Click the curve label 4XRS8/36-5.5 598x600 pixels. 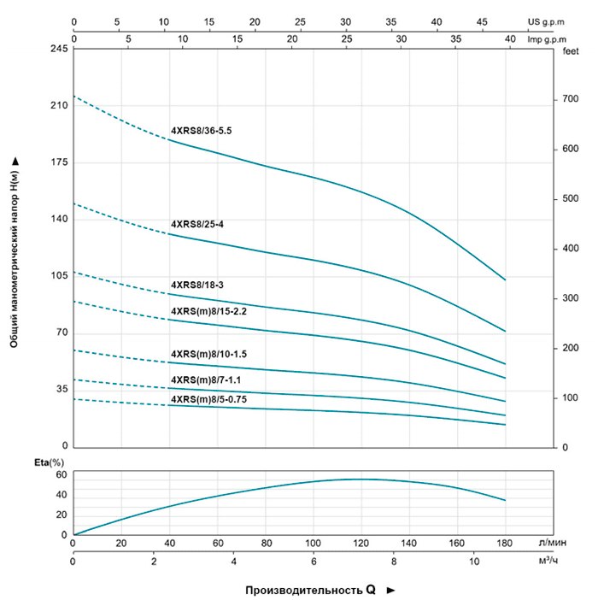pyautogui.click(x=202, y=130)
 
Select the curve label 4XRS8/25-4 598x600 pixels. pyautogui.click(x=196, y=224)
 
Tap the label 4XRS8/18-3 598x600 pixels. pyautogui.click(x=196, y=285)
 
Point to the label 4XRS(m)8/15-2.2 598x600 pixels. pyautogui.click(x=208, y=311)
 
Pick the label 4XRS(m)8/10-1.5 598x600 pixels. pyautogui.click(x=208, y=354)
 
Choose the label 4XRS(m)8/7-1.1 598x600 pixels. pyautogui.click(x=205, y=379)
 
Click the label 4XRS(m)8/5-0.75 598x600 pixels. pyautogui.click(x=208, y=399)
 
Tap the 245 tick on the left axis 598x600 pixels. pyautogui.click(x=59, y=50)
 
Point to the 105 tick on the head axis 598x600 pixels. pyautogui.click(x=59, y=276)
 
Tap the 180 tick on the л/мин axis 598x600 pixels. pyautogui.click(x=506, y=543)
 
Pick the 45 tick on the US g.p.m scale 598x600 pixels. pyautogui.click(x=482, y=21)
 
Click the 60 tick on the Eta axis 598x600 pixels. pyautogui.click(x=61, y=474)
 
